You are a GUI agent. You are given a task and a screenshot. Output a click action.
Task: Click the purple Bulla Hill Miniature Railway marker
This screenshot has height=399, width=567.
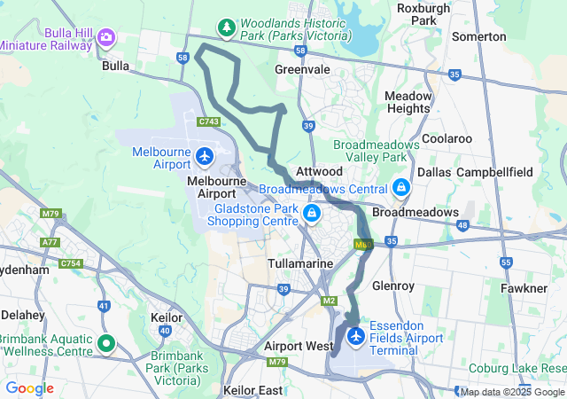coord(107,36)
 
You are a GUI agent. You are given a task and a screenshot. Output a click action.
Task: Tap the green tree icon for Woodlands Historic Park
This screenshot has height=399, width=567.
coord(227,27)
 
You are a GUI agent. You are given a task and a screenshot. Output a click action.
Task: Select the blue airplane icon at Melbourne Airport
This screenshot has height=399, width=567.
coord(205,157)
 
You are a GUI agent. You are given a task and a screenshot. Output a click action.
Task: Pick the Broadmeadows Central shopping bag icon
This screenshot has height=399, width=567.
coord(401,188)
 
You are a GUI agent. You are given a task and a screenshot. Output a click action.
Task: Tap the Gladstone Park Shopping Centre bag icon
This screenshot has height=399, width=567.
coord(311,213)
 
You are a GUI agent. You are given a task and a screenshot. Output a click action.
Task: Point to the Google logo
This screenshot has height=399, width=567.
coord(29,388)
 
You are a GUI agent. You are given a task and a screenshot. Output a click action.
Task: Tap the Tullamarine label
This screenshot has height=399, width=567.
coord(299,264)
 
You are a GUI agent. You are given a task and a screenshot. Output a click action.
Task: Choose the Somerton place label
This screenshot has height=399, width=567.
coord(478,36)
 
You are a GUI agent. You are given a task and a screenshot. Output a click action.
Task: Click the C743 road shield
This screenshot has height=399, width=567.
coord(209,121)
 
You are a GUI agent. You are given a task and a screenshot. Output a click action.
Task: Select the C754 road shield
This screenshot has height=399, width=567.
coord(71,263)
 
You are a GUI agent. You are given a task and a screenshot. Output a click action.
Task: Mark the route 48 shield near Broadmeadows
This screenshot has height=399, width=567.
coord(462,224)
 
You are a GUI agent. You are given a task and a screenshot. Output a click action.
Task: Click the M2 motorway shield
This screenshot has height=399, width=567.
coord(329,302)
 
